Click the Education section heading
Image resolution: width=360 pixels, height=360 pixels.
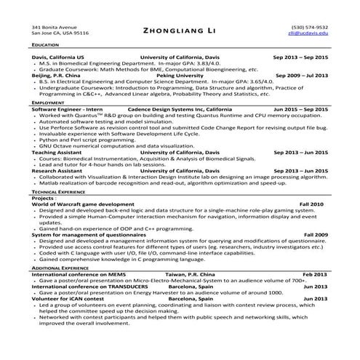tap(45, 45)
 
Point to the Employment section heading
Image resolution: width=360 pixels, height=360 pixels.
tap(47, 103)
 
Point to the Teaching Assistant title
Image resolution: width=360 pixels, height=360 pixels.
tap(58, 153)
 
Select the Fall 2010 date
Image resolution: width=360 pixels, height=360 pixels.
tap(313, 205)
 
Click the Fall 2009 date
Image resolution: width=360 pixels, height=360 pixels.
tap(315, 235)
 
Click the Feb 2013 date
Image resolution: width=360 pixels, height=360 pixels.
tap(315, 274)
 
